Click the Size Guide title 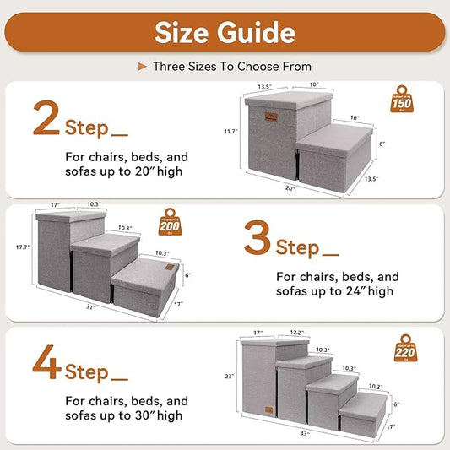click(225, 32)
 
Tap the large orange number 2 click(46, 120)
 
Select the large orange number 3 click(257, 239)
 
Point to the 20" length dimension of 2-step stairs click(290, 190)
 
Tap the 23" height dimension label click(228, 377)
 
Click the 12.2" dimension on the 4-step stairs click(297, 333)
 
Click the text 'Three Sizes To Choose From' click(231, 66)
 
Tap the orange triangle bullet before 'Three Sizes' click(143, 66)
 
